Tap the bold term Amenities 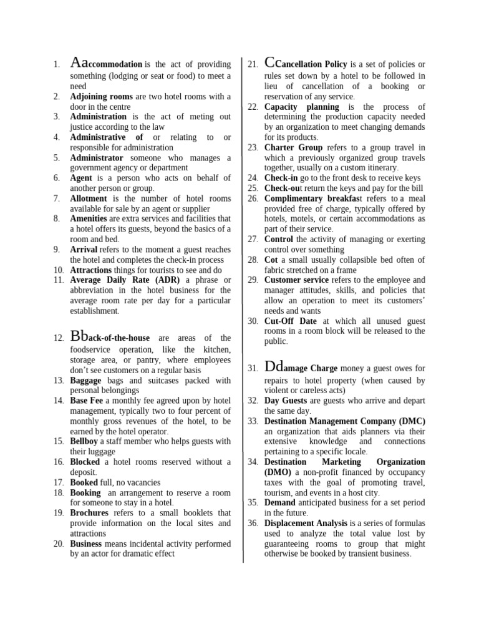(89, 219)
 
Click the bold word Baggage (85, 381)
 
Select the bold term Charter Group (293, 148)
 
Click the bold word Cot (271, 260)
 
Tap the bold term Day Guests (286, 401)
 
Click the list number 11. (59, 280)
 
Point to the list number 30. (253, 321)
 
